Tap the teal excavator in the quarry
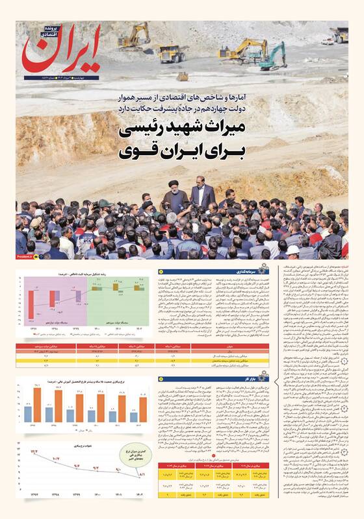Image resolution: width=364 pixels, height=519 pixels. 272,56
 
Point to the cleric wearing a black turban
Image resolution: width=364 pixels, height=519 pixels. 177,199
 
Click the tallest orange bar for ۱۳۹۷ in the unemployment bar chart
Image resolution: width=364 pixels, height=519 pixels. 38,404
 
